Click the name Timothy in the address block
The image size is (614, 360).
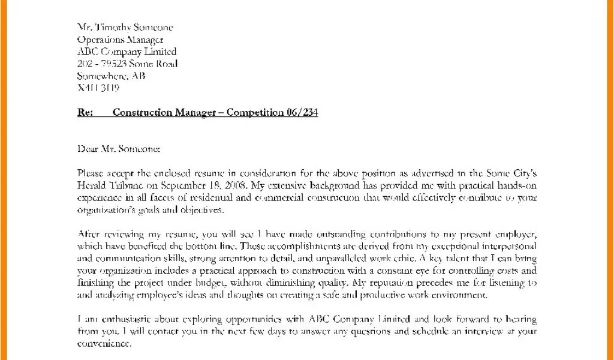pos(116,28)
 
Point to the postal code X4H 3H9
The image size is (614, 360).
pos(98,88)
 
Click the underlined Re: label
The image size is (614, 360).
pos(85,112)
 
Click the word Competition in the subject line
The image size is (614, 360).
pos(254,112)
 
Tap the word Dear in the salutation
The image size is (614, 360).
pos(88,148)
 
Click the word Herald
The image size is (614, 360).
pos(92,185)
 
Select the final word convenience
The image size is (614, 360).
pos(104,343)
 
